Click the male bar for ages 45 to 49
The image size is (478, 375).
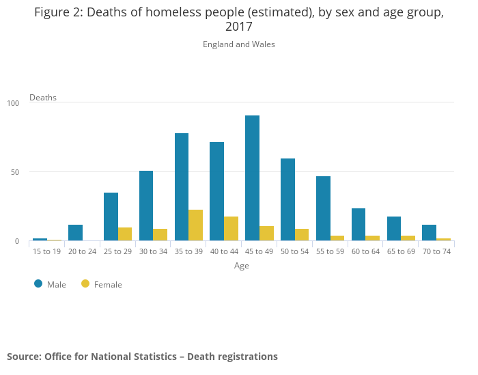252,178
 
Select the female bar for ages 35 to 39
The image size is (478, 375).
195,225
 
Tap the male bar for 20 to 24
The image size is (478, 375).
75,233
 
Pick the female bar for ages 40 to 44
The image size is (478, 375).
231,229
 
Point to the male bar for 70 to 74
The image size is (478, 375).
429,233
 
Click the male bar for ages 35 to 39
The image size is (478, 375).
182,187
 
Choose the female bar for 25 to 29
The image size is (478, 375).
125,234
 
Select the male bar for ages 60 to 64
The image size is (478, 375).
358,225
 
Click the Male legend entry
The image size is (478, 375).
51,284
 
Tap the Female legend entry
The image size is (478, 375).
102,284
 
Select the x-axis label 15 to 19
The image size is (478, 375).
47,251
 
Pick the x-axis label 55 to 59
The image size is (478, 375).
330,251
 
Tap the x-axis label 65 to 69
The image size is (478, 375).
401,251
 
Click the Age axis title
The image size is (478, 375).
242,266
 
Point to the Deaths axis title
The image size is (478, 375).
43,98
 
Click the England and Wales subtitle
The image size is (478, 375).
239,44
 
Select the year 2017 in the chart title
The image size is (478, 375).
239,27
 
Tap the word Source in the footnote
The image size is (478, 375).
23,357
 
